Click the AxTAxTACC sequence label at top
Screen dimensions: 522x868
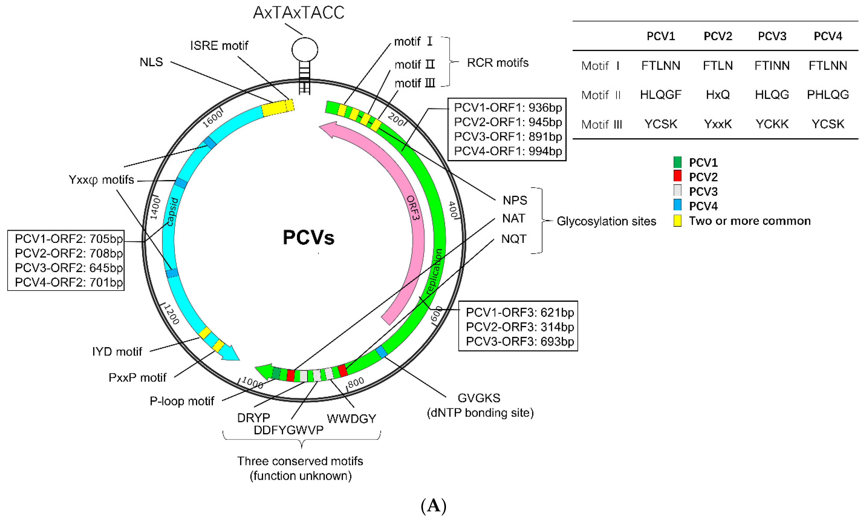coord(298,13)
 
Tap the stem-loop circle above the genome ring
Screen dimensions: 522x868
coord(304,49)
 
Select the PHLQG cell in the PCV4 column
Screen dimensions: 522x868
coord(828,94)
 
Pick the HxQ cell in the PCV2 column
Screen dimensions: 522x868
coord(718,94)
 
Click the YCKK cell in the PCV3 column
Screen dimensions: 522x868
coord(772,124)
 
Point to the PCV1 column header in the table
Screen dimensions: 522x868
coord(660,36)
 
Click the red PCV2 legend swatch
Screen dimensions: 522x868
coord(677,176)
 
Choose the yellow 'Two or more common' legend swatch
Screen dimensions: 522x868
coord(677,220)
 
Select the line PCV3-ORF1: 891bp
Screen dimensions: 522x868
coord(508,137)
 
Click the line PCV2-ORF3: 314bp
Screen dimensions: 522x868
coord(520,327)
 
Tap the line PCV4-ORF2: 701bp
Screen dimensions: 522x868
coord(69,282)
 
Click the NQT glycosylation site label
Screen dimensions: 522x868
coord(514,239)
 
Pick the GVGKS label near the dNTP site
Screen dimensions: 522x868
coord(479,398)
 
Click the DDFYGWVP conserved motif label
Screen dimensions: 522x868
coord(288,430)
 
